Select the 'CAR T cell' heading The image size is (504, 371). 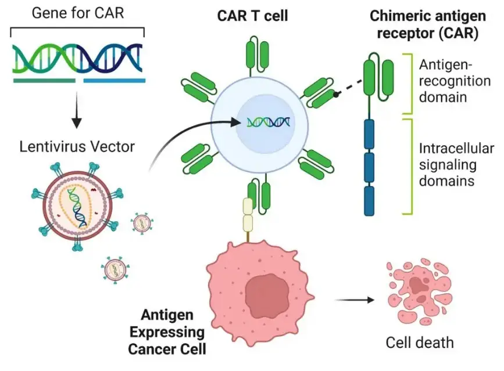click(252, 17)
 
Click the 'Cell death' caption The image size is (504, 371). click(420, 342)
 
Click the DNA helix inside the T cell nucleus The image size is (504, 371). click(269, 122)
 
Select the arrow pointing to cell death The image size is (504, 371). click(355, 300)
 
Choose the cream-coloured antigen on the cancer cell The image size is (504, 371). click(249, 215)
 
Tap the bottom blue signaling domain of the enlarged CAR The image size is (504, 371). click(369, 200)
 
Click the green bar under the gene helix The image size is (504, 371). click(44, 80)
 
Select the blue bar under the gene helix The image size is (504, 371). click(114, 80)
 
